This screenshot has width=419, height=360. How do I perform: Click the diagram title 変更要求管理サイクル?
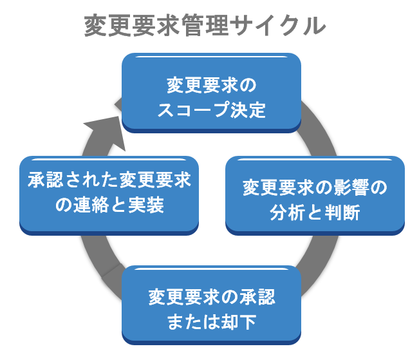(205, 26)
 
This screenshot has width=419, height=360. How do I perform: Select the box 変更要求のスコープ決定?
(212, 93)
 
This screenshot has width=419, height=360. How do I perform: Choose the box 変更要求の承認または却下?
(212, 305)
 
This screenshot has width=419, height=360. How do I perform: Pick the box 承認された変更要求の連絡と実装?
(109, 193)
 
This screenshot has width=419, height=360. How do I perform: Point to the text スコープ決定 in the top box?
(212, 109)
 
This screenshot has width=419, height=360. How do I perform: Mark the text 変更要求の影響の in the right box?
(315, 188)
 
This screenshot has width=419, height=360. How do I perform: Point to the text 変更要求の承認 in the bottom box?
(212, 297)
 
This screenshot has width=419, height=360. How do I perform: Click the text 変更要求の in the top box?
(212, 84)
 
